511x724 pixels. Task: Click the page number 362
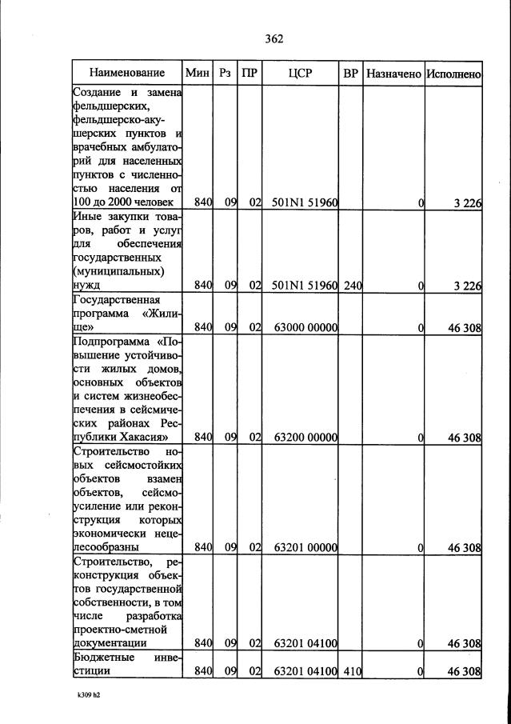273,38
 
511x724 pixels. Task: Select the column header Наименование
127,73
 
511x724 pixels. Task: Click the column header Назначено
393,73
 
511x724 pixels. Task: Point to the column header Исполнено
453,73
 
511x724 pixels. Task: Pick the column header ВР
350,73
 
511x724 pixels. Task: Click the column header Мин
197,73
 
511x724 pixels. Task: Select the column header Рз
226,73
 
